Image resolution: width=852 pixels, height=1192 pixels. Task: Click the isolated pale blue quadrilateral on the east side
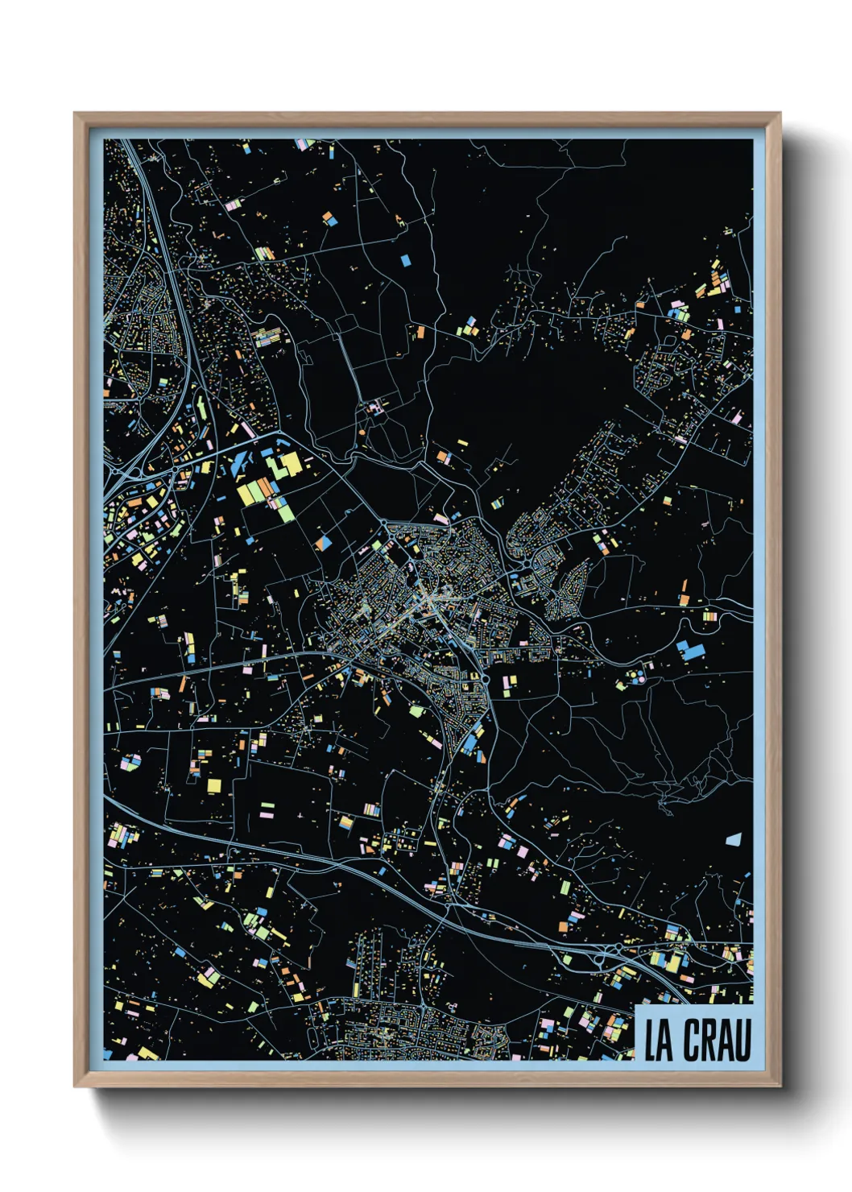tap(733, 839)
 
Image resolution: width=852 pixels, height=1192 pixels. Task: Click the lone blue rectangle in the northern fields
tap(405, 260)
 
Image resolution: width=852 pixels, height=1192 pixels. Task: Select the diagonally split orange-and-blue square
tap(324, 543)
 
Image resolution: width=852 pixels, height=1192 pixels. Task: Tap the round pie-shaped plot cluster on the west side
tap(130, 761)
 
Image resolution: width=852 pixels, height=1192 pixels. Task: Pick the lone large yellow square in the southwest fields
tap(213, 784)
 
